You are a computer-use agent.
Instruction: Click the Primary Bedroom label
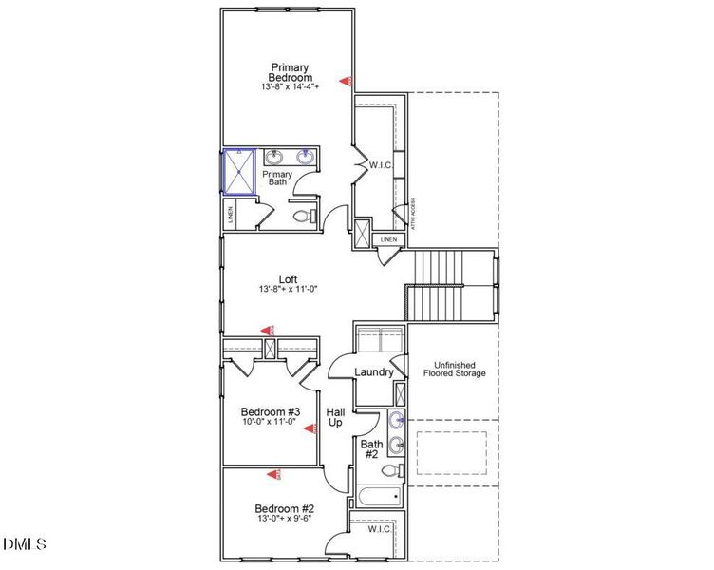(290, 72)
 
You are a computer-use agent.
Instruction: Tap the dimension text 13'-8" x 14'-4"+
(290, 86)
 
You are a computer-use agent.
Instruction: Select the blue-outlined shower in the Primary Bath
(239, 173)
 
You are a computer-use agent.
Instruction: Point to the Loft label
(288, 278)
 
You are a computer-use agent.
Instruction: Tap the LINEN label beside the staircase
(388, 239)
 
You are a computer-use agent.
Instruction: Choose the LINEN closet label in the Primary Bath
(232, 216)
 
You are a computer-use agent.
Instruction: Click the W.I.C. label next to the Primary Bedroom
(380, 165)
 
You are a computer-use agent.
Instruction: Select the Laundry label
(374, 372)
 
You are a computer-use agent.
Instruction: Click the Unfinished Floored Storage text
(454, 370)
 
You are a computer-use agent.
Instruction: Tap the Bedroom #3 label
(270, 411)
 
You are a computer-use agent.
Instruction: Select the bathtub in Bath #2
(378, 497)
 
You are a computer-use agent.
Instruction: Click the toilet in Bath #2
(393, 469)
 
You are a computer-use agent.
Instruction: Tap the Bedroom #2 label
(284, 508)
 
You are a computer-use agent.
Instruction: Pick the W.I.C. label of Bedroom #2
(380, 528)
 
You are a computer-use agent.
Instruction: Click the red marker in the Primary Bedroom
(348, 82)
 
